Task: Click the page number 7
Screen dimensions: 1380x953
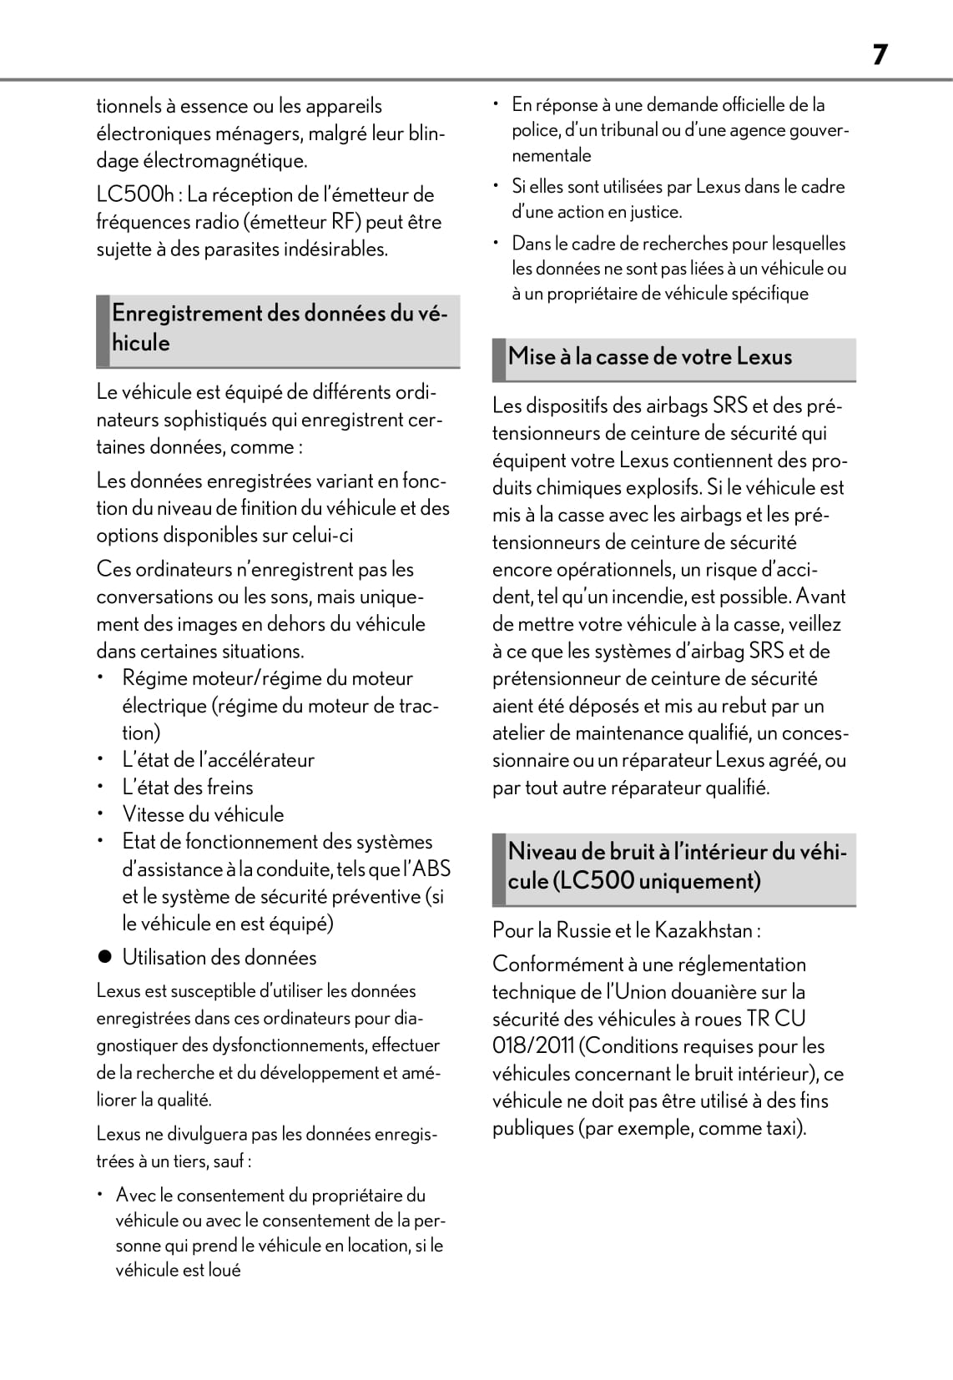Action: click(880, 55)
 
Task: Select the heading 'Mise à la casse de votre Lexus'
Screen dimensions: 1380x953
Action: click(649, 357)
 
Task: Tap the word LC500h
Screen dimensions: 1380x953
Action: click(135, 195)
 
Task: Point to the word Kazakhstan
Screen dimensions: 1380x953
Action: click(704, 930)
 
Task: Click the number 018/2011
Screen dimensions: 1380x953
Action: click(533, 1046)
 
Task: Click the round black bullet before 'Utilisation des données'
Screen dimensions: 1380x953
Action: click(104, 958)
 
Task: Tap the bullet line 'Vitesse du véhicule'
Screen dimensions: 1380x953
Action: click(203, 814)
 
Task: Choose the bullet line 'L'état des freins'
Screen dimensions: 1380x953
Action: click(188, 787)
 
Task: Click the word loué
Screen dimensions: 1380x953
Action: click(224, 1271)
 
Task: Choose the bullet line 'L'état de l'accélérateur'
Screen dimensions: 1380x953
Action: click(218, 760)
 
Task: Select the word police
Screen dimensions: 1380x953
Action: click(535, 130)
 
